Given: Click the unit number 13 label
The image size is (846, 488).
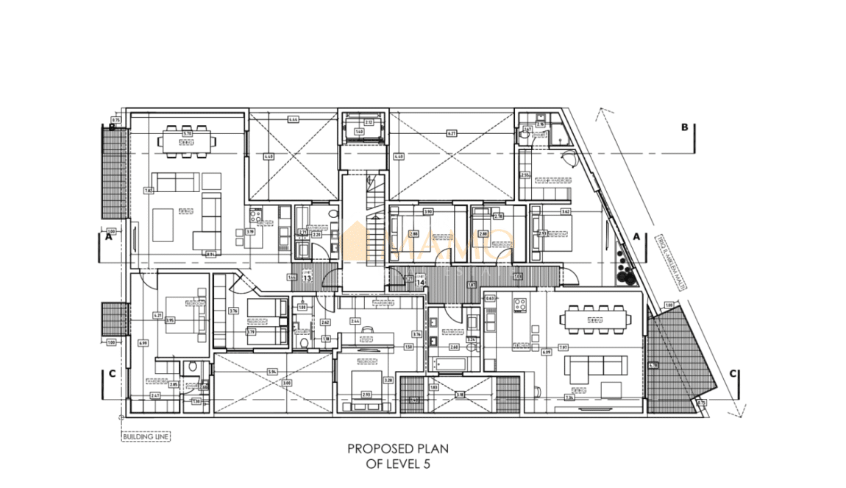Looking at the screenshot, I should (x=308, y=278).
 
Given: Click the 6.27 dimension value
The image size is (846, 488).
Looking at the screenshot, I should (x=452, y=133).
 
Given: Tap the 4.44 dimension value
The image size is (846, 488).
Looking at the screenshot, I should (x=293, y=119).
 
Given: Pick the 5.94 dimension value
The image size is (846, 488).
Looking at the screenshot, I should (x=272, y=372).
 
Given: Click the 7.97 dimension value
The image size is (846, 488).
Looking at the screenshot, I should (x=563, y=347).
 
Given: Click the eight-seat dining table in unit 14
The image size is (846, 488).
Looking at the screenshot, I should (x=594, y=320).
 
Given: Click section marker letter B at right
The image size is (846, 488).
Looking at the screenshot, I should (x=684, y=127).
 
